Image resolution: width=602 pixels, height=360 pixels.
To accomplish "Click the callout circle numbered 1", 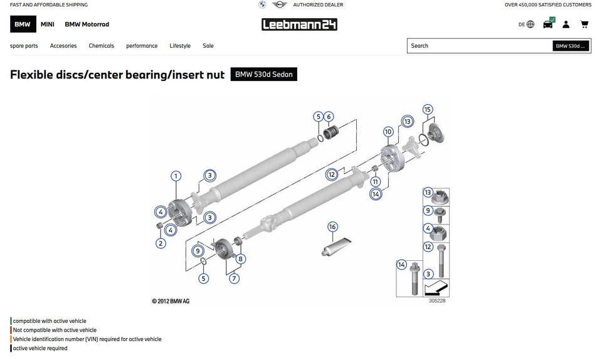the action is [176, 176].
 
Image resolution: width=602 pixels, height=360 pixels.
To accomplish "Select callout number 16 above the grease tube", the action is [332, 227].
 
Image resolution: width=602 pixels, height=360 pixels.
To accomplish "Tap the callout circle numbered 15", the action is [428, 109].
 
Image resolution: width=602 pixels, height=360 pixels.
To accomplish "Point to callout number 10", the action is [388, 132].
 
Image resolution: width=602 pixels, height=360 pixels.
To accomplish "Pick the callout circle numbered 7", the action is [235, 278].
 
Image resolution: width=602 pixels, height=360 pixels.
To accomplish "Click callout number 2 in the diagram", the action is [161, 243].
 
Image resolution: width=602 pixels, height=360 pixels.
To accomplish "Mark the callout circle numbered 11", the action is [376, 181].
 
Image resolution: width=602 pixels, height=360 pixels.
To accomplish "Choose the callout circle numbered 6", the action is [329, 117].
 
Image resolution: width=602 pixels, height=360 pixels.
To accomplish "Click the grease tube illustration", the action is [336, 246].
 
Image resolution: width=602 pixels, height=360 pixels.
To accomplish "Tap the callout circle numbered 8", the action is [241, 259].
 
